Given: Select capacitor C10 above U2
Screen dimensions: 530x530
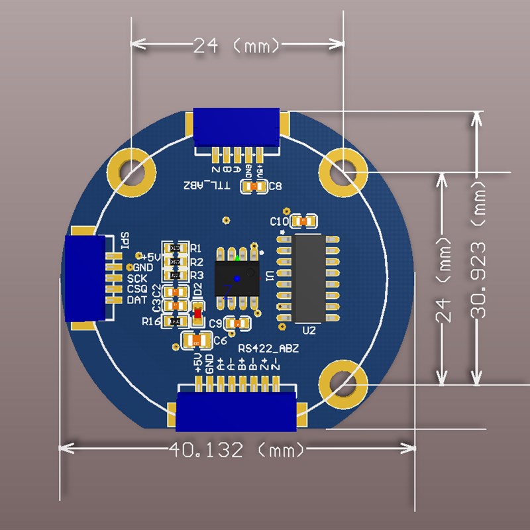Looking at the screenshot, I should pos(305,221).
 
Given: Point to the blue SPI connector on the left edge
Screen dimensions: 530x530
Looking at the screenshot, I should pos(85,278).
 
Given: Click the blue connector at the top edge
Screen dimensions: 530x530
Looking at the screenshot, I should pos(237,128).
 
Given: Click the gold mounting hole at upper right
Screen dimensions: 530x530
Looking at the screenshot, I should pos(343,171).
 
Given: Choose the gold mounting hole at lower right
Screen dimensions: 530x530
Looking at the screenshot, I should pos(343,384).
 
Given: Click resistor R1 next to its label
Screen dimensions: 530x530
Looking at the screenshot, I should pos(175,248).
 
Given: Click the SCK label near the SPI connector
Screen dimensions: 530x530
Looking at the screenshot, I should pos(137,278).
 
